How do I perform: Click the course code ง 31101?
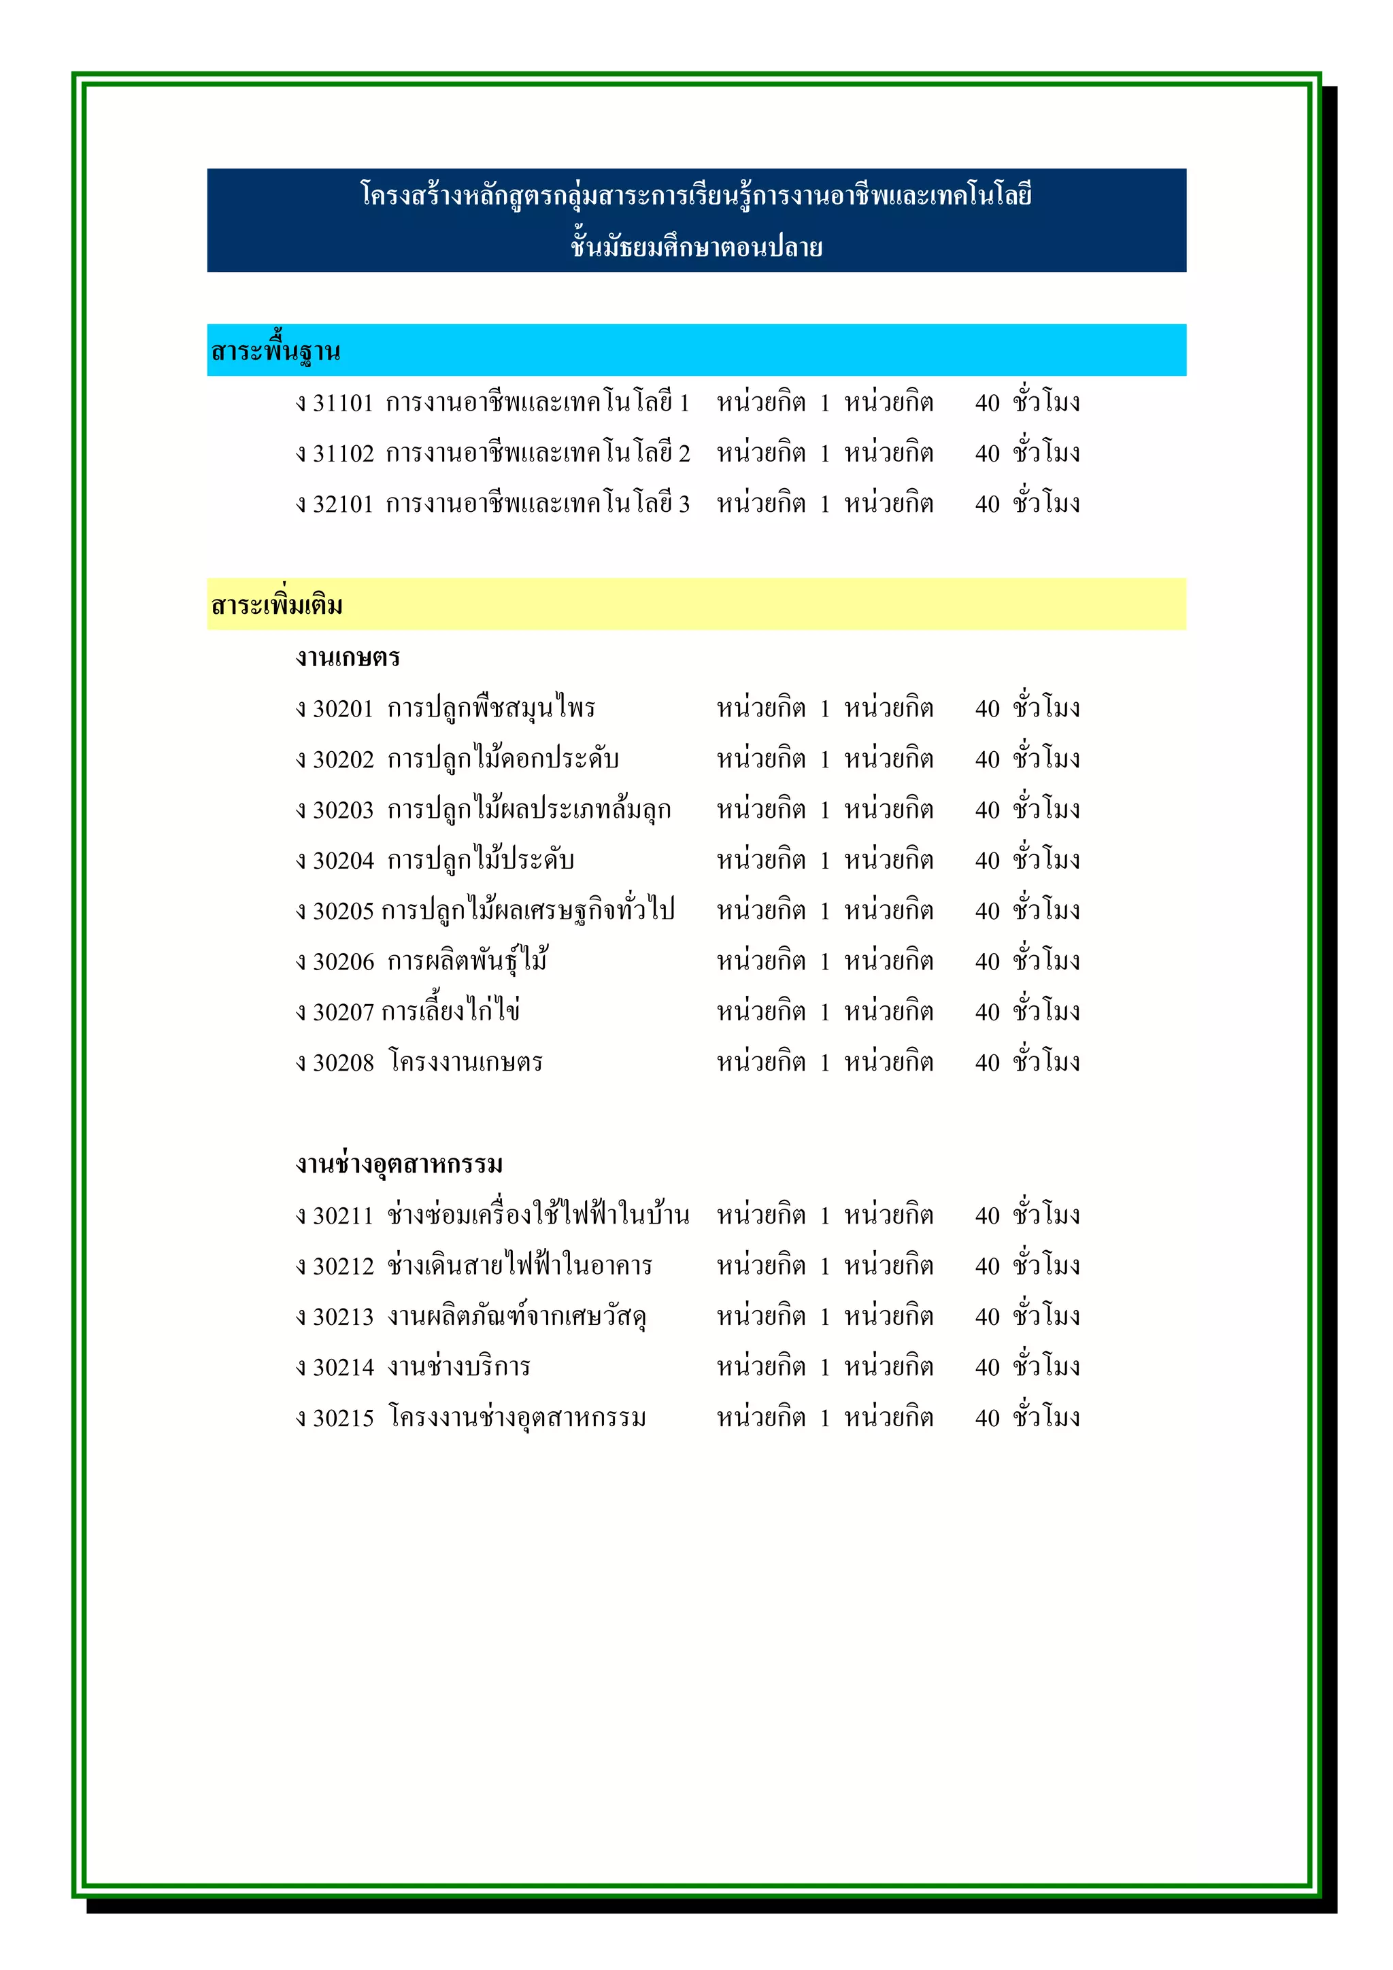[335, 403]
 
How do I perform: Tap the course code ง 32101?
[335, 504]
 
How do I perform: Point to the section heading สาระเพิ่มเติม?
[276, 606]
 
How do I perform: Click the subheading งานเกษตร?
[348, 658]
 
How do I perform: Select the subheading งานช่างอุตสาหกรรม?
[399, 1164]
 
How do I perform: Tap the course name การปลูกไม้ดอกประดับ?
[503, 759]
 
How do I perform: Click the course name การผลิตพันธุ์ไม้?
[468, 961]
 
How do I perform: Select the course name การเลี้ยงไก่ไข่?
[450, 1012]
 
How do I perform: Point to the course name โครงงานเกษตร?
[465, 1063]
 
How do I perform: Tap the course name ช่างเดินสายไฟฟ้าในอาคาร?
[519, 1266]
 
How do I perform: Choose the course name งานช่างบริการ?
[458, 1367]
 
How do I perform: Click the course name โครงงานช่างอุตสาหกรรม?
[517, 1418]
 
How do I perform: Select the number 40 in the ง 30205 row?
[987, 911]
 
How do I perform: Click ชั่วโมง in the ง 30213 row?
[1045, 1316]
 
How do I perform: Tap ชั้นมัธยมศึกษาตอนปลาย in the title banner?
[696, 248]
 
